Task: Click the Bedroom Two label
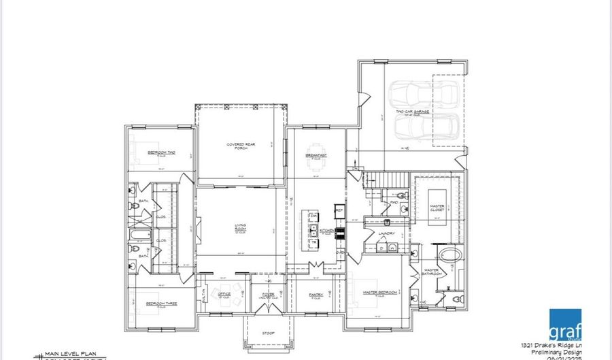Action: [x=162, y=153]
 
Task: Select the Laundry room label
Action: [x=387, y=233]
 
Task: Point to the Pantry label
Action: [x=316, y=295]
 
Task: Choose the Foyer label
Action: [x=267, y=295]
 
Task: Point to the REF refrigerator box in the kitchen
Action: [x=339, y=210]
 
